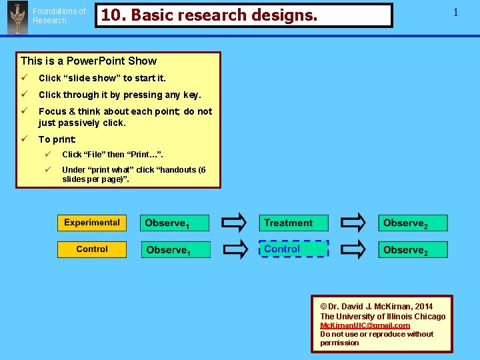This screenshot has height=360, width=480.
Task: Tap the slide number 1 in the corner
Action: tap(456, 12)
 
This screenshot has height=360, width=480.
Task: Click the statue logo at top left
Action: tap(17, 17)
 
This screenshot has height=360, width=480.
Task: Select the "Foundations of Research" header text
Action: tap(59, 16)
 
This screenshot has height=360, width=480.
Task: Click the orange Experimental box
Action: tap(92, 223)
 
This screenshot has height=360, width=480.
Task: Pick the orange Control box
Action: tap(92, 249)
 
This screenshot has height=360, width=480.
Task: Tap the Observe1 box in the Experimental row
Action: tap(175, 223)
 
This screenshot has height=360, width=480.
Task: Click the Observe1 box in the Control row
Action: tap(176, 250)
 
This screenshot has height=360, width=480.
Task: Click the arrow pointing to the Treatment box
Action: tap(234, 223)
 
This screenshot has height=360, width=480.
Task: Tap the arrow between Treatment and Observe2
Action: tap(353, 223)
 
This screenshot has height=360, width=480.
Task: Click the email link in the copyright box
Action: tap(365, 325)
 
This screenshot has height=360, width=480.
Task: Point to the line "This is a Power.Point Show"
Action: tap(89, 61)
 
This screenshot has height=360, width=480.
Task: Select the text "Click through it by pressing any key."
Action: tap(119, 95)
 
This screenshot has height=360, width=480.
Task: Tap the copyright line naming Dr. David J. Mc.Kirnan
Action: tap(376, 307)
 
